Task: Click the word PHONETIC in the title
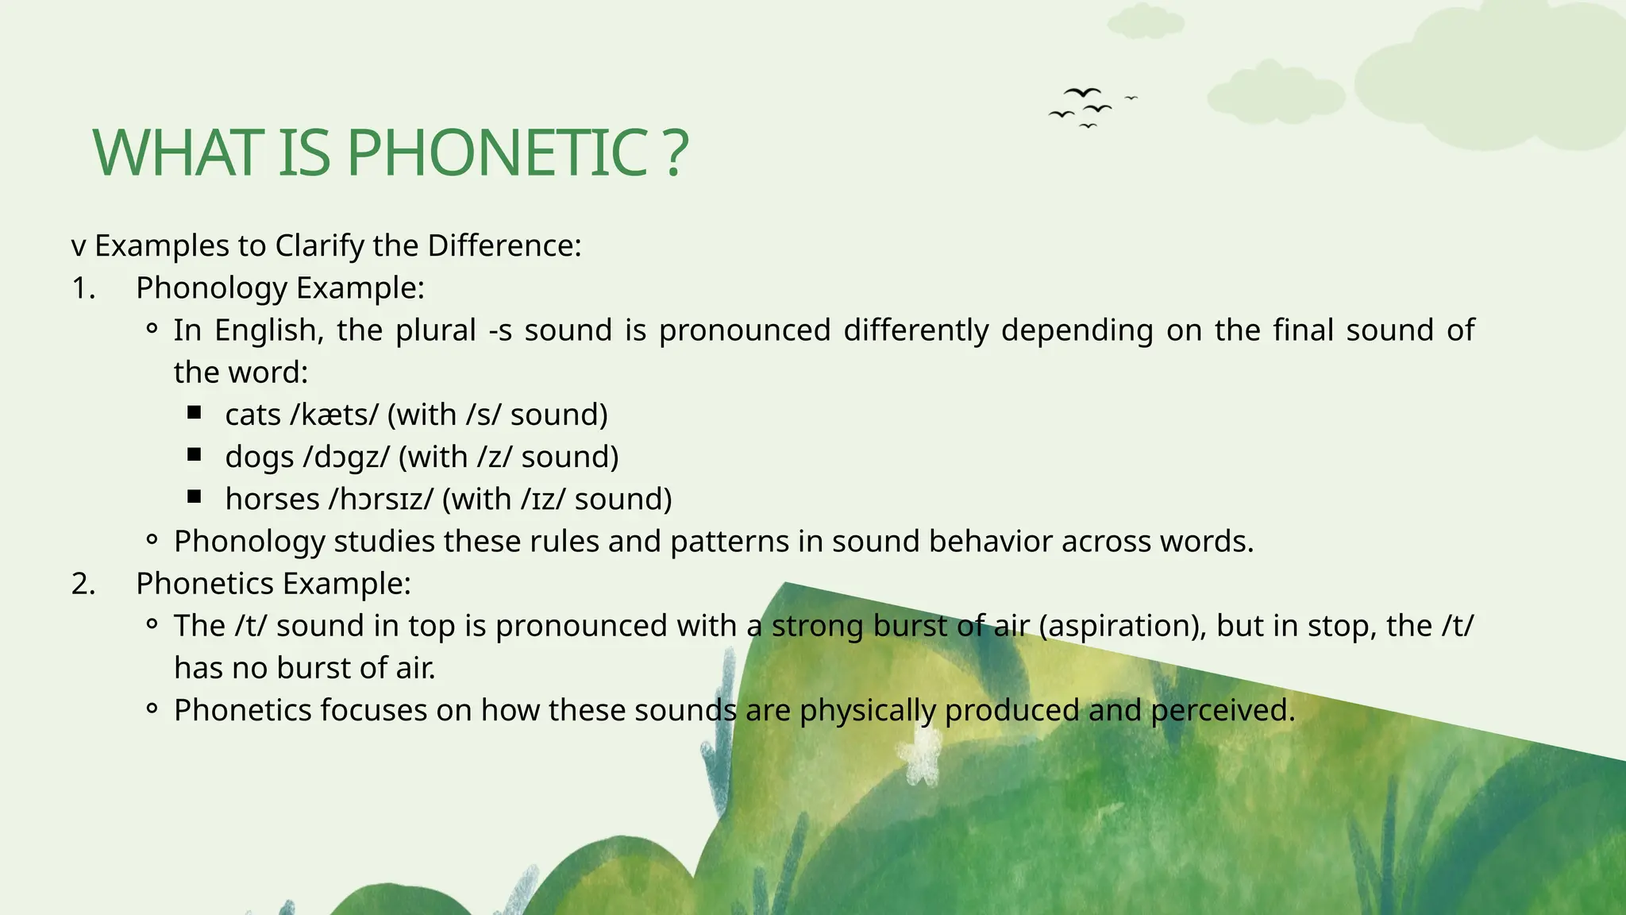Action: click(497, 152)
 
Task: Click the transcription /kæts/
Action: click(334, 415)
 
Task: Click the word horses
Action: click(272, 500)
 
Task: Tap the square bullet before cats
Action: click(195, 412)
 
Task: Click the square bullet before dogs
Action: click(195, 454)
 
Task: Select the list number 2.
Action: click(83, 584)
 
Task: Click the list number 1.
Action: click(83, 288)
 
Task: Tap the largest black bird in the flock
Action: click(1082, 93)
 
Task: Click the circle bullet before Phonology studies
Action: click(152, 541)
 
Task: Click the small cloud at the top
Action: click(1144, 22)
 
